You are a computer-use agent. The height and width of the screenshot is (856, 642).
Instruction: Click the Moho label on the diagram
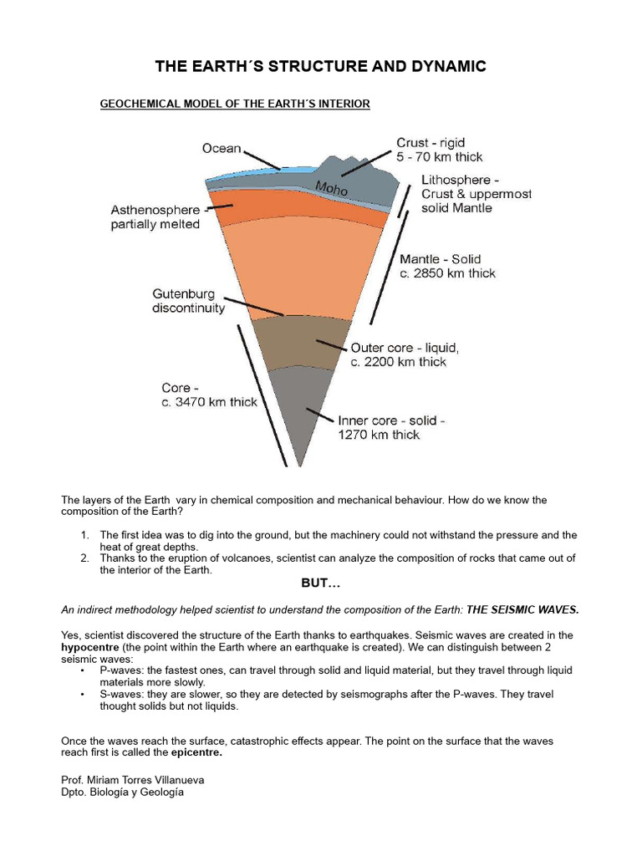click(x=332, y=190)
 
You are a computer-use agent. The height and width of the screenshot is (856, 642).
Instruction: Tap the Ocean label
click(x=222, y=149)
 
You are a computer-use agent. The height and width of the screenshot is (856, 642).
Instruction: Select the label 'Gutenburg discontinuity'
click(x=188, y=301)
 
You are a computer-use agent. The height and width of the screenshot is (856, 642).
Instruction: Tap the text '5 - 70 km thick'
click(x=440, y=156)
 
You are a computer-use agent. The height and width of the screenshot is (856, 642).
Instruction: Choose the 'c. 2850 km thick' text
click(x=447, y=273)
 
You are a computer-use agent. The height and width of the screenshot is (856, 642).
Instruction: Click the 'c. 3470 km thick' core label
click(x=209, y=402)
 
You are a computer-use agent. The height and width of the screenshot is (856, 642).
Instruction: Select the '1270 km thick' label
click(x=379, y=435)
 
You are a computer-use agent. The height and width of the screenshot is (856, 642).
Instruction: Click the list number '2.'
click(x=85, y=558)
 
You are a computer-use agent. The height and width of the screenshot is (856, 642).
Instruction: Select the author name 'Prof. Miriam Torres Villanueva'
click(x=133, y=779)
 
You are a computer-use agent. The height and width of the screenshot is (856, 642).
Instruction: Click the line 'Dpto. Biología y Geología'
click(x=122, y=792)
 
